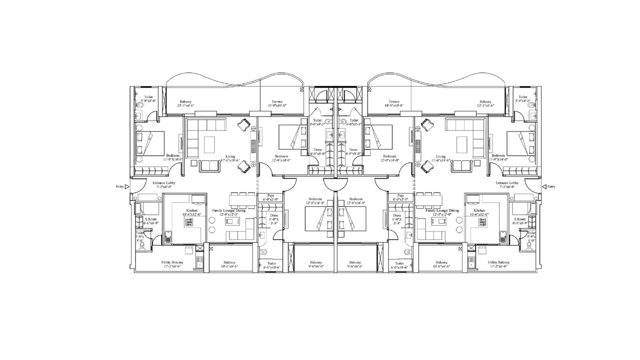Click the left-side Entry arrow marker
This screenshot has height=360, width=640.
(x=127, y=186)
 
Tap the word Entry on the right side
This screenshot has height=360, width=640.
(x=551, y=186)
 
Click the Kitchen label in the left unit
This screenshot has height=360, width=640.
(x=191, y=211)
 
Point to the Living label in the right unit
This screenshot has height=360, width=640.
(x=440, y=156)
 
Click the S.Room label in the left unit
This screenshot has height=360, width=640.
(x=148, y=219)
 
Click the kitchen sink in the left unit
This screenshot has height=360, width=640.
(x=168, y=236)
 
